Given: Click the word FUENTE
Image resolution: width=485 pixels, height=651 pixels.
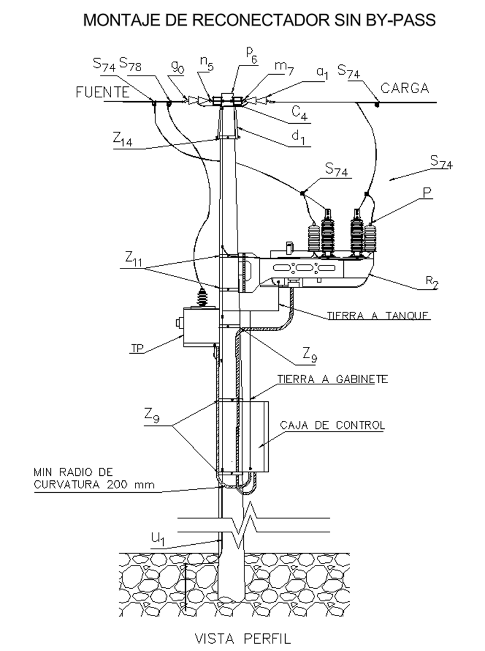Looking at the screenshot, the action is tap(102, 92).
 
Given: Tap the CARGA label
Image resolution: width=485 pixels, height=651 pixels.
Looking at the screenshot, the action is tap(404, 88).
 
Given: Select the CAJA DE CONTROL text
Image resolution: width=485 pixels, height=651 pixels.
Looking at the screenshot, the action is tap(333, 425).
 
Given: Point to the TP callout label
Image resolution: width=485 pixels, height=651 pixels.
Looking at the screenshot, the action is tap(137, 348).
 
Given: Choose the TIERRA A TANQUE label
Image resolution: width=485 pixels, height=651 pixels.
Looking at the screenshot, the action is tap(378, 315).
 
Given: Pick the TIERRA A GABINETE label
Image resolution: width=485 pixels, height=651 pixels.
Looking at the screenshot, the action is tap(333, 379).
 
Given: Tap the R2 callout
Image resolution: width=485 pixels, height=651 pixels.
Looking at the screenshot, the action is tap(432, 283).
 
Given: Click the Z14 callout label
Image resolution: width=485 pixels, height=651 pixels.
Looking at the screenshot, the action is tap(123, 140).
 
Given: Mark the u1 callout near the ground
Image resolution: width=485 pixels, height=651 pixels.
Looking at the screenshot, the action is tap(158, 540).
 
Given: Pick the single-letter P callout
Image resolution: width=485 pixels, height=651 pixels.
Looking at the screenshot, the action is tap(427, 192).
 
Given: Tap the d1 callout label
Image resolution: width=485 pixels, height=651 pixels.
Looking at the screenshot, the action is tap(298, 137).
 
